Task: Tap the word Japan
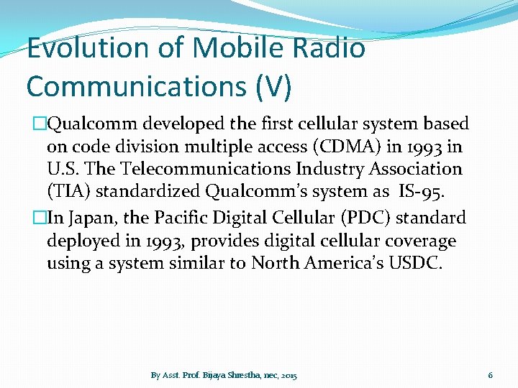coord(94,217)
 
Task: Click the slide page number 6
coord(490,375)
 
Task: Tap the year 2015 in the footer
coord(289,376)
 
